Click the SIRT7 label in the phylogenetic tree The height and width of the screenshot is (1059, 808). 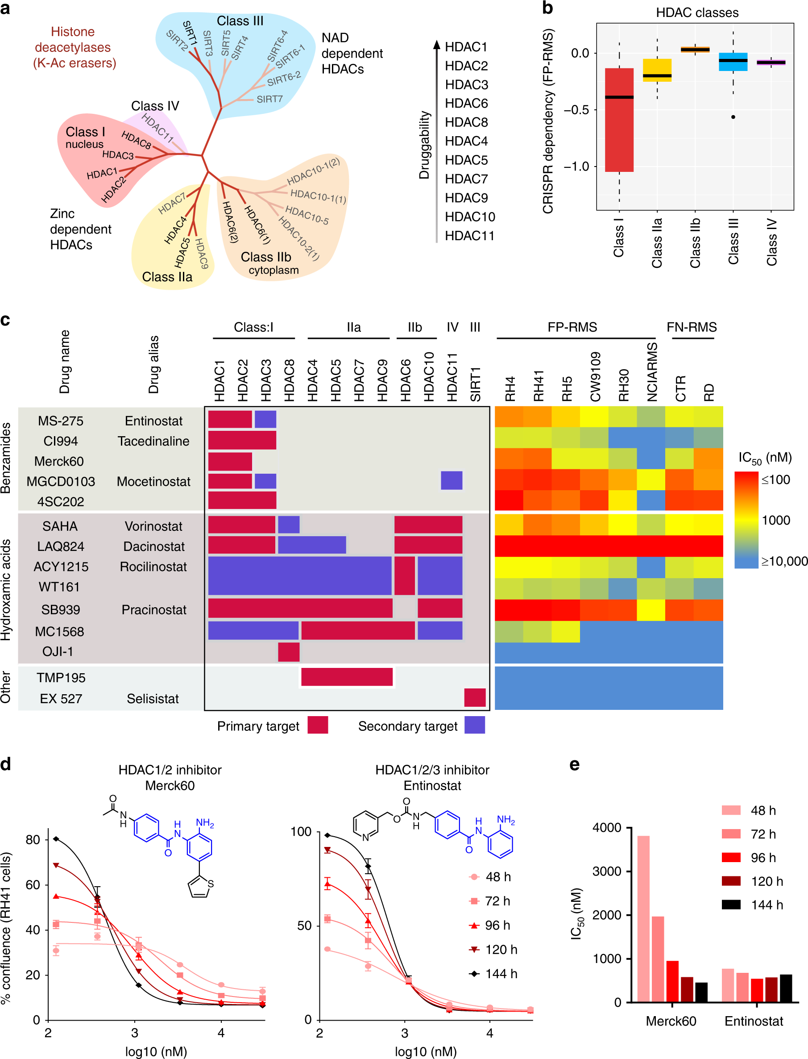click(269, 99)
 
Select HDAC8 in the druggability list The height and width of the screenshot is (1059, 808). click(466, 122)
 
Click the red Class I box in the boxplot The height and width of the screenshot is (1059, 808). click(619, 120)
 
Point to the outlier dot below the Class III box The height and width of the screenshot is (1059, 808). click(733, 117)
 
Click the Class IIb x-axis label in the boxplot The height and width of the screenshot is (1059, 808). click(695, 243)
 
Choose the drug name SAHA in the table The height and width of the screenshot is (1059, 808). click(60, 526)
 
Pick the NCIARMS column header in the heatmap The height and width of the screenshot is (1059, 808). click(652, 371)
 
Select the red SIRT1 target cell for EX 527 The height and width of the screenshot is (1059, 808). click(475, 697)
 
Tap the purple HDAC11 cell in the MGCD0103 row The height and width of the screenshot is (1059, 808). click(452, 480)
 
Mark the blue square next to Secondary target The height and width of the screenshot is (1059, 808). click(474, 725)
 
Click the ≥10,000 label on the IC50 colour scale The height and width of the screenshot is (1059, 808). click(783, 561)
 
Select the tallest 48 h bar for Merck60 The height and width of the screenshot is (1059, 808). click(643, 918)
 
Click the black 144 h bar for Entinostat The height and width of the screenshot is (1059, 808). click(785, 988)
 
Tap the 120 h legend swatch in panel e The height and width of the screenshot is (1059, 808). click(730, 881)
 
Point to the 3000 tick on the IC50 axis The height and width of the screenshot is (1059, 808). click(607, 871)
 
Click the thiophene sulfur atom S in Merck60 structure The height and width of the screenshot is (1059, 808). click(210, 884)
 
